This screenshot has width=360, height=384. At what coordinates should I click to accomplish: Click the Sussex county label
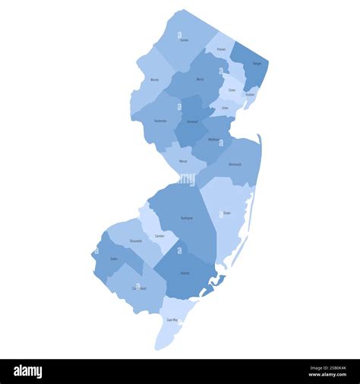coord(185,40)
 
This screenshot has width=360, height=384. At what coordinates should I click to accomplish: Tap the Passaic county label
coord(221,49)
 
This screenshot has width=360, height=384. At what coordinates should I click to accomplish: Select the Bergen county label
coord(257,64)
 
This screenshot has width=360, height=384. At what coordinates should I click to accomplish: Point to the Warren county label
coord(155,79)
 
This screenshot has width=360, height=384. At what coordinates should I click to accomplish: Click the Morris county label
coord(200,79)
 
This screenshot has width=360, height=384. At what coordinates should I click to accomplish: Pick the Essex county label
coord(232,90)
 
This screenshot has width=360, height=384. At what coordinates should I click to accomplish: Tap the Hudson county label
coord(251,95)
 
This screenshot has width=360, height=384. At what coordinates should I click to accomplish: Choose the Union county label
coord(225,108)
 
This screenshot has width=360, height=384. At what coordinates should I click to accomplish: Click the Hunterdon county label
coord(160,121)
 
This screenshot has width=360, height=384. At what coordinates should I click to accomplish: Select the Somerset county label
coord(192,121)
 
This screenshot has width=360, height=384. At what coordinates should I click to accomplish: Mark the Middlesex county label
coord(213,139)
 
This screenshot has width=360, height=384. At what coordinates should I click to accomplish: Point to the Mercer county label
coord(183,161)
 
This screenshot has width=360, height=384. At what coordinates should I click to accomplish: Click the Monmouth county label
coord(235,164)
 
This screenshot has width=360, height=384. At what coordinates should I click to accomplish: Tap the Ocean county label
coord(227,213)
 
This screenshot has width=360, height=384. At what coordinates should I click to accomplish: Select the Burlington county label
coord(187,218)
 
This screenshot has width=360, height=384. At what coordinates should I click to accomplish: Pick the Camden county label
coord(159,236)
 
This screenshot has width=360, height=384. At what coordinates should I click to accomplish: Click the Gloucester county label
coord(136,241)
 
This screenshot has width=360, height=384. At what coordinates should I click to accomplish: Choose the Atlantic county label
coord(185,272)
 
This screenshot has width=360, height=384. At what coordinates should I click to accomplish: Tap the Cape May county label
coord(172,320)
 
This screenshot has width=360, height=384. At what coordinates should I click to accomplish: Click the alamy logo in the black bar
coord(28,372)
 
